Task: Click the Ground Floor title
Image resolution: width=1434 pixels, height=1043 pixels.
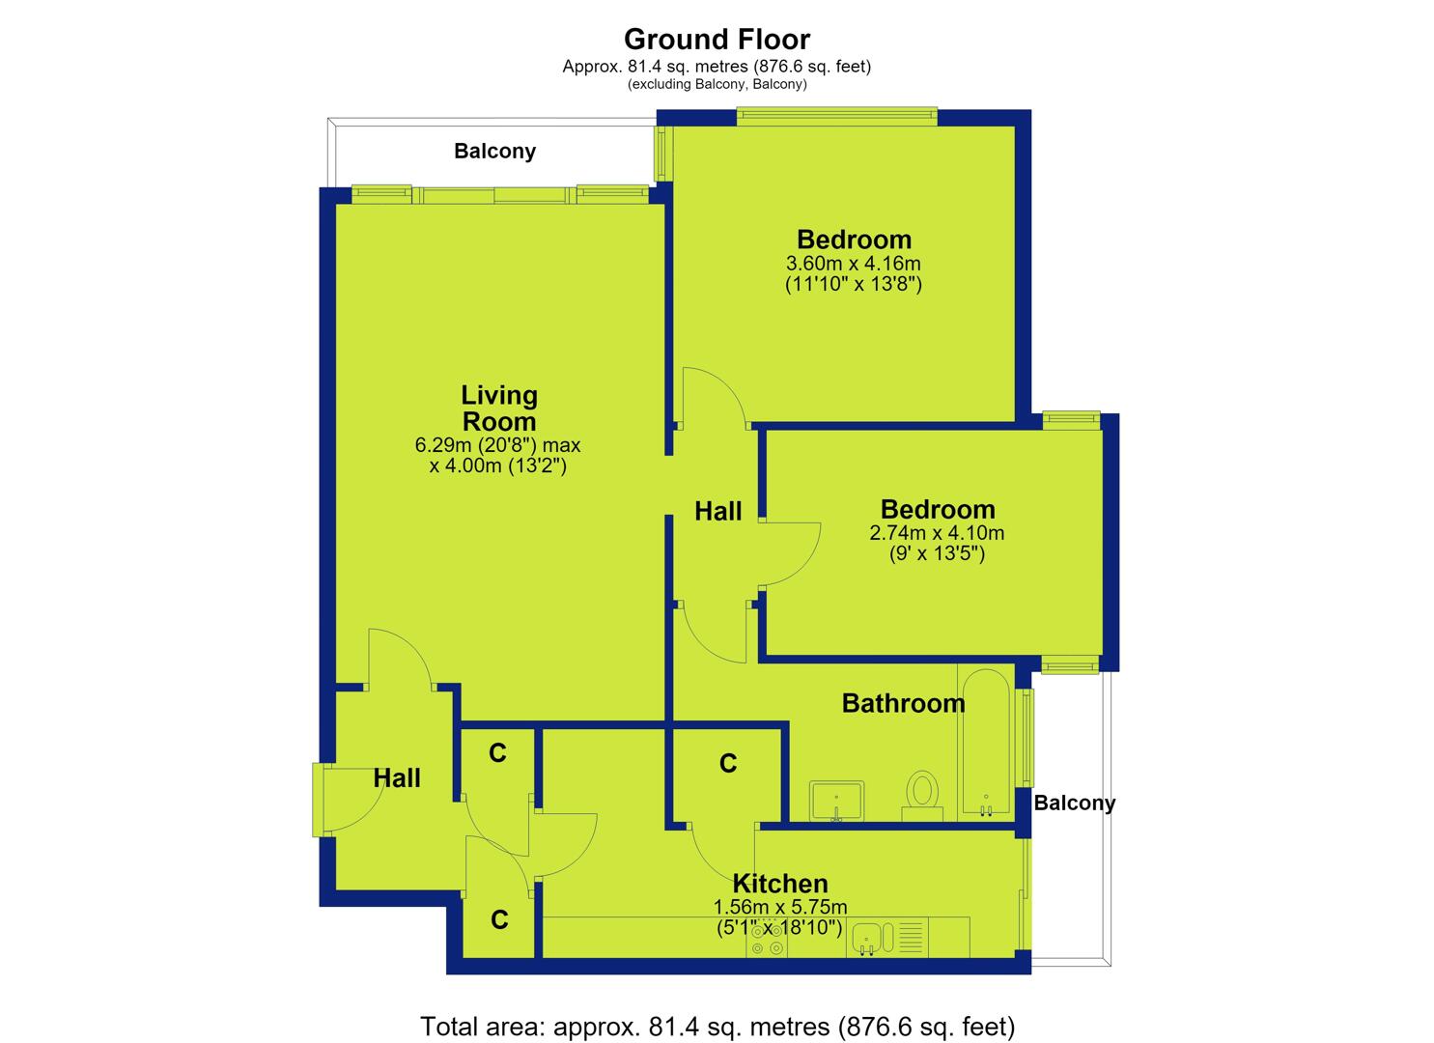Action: (717, 40)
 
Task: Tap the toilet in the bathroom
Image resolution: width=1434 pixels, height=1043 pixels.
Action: (922, 796)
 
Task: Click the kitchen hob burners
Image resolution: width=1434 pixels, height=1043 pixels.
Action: (767, 939)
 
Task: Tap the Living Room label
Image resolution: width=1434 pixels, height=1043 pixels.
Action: (499, 409)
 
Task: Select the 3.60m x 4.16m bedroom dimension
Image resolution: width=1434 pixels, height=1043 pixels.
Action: (854, 263)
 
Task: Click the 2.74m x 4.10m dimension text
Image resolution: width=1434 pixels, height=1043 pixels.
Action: (937, 533)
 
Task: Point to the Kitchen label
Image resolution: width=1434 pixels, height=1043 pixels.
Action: (780, 884)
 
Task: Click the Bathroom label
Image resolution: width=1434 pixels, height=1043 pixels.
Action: (903, 704)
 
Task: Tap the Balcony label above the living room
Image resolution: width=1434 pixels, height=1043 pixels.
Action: (494, 151)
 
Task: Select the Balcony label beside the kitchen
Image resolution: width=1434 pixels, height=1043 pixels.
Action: (1074, 803)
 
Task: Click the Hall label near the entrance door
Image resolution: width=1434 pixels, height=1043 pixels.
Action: (397, 778)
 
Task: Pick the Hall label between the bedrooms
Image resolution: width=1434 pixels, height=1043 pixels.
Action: (718, 512)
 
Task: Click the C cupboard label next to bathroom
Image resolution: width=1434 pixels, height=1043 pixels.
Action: (728, 763)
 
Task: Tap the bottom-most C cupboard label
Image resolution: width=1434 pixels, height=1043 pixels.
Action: (499, 920)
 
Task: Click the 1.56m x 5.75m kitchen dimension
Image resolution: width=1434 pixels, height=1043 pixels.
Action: (780, 907)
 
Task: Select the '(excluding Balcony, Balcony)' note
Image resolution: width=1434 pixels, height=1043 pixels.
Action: (717, 85)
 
